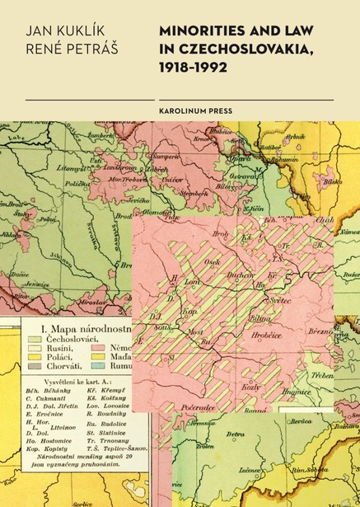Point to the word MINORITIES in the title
click(195, 30)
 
